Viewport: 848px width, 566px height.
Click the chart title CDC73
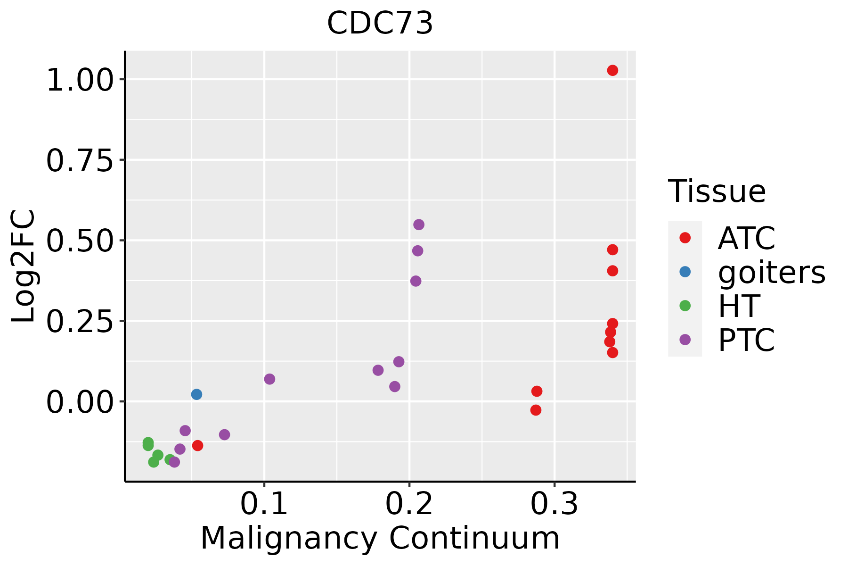click(380, 23)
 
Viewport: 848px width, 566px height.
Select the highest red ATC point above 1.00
click(612, 70)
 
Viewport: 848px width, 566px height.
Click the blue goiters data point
click(197, 394)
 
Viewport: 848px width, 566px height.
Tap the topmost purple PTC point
click(419, 225)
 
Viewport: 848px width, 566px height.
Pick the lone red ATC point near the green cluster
click(198, 446)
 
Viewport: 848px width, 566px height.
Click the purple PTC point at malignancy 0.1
click(269, 379)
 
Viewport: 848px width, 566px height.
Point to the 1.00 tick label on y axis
click(80, 80)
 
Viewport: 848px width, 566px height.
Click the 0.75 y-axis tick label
click(80, 160)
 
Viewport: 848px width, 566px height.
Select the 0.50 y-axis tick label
click(80, 241)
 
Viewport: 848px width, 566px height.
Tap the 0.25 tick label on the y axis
click(80, 322)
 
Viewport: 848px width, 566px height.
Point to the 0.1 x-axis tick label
click(264, 504)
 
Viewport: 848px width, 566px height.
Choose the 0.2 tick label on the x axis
click(409, 504)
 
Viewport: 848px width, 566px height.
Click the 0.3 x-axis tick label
click(554, 504)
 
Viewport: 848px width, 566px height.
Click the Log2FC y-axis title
click(24, 266)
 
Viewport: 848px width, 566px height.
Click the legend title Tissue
click(717, 191)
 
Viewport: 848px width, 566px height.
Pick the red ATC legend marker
click(685, 238)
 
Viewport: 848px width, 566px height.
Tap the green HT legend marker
click(685, 306)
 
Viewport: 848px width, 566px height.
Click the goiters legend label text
click(772, 273)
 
